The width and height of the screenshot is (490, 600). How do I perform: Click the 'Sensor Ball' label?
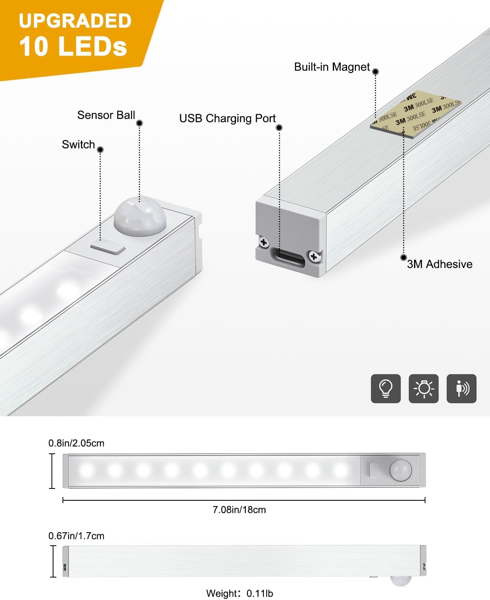coord(106,115)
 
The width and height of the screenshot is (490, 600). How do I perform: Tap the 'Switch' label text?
coord(78,145)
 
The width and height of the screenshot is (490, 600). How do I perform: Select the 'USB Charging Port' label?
coord(227,118)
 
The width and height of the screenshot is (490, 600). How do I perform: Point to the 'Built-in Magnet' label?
coord(332,67)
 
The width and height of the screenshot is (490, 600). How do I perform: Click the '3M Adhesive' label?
coord(439,264)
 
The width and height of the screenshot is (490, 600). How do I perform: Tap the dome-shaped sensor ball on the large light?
coord(140,216)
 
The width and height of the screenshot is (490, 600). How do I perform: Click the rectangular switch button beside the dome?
coord(108,247)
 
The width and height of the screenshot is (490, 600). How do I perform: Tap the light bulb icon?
coord(386,388)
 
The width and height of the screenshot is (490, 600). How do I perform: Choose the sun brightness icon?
coord(423,388)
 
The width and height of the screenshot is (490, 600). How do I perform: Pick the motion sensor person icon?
coord(461,388)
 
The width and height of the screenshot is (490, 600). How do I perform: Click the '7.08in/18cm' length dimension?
coord(239,510)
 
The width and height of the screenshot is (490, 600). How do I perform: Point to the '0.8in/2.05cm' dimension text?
coord(76,443)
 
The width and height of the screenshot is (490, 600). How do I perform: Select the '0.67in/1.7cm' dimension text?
coord(76,536)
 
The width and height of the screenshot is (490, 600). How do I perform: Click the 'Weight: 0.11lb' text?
coord(240,593)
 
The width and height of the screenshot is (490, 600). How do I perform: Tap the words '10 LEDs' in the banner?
coord(73,46)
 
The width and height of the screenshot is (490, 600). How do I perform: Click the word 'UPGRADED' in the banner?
coord(75,21)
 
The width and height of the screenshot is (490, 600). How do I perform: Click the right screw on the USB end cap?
coord(314,257)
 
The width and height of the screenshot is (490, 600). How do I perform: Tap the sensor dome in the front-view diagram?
coord(400,470)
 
